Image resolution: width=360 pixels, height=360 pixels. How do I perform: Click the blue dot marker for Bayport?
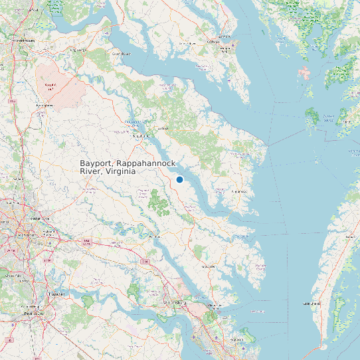coord(179,179)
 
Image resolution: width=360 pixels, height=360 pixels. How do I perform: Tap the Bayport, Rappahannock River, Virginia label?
coord(108,167)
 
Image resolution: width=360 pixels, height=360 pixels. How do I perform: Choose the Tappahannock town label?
coord(139,137)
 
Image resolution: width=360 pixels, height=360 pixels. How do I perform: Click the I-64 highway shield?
coord(145,262)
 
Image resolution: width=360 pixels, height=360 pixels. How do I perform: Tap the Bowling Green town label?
coord(45,105)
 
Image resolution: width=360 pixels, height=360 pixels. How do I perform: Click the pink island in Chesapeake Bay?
coord(305,72)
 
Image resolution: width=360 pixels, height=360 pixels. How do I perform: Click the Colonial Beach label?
coord(120,53)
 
